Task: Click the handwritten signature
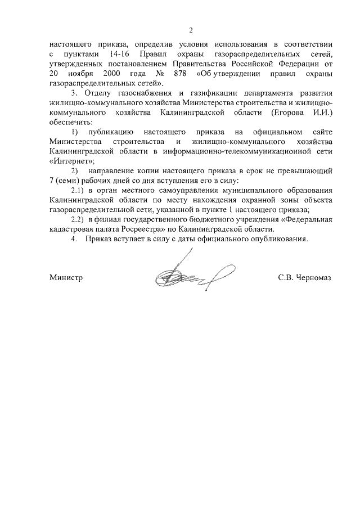point(186,276)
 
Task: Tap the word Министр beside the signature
point(66,278)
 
